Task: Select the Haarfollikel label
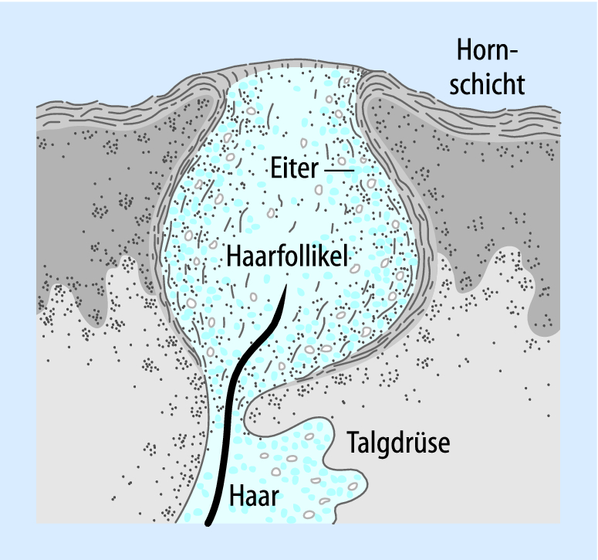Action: (x=289, y=256)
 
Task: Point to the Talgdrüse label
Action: (x=397, y=445)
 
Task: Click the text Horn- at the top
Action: (x=487, y=52)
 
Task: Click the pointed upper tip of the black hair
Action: (x=287, y=287)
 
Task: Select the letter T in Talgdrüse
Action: (x=352, y=445)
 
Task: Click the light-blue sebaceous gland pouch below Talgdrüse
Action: (x=309, y=471)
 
